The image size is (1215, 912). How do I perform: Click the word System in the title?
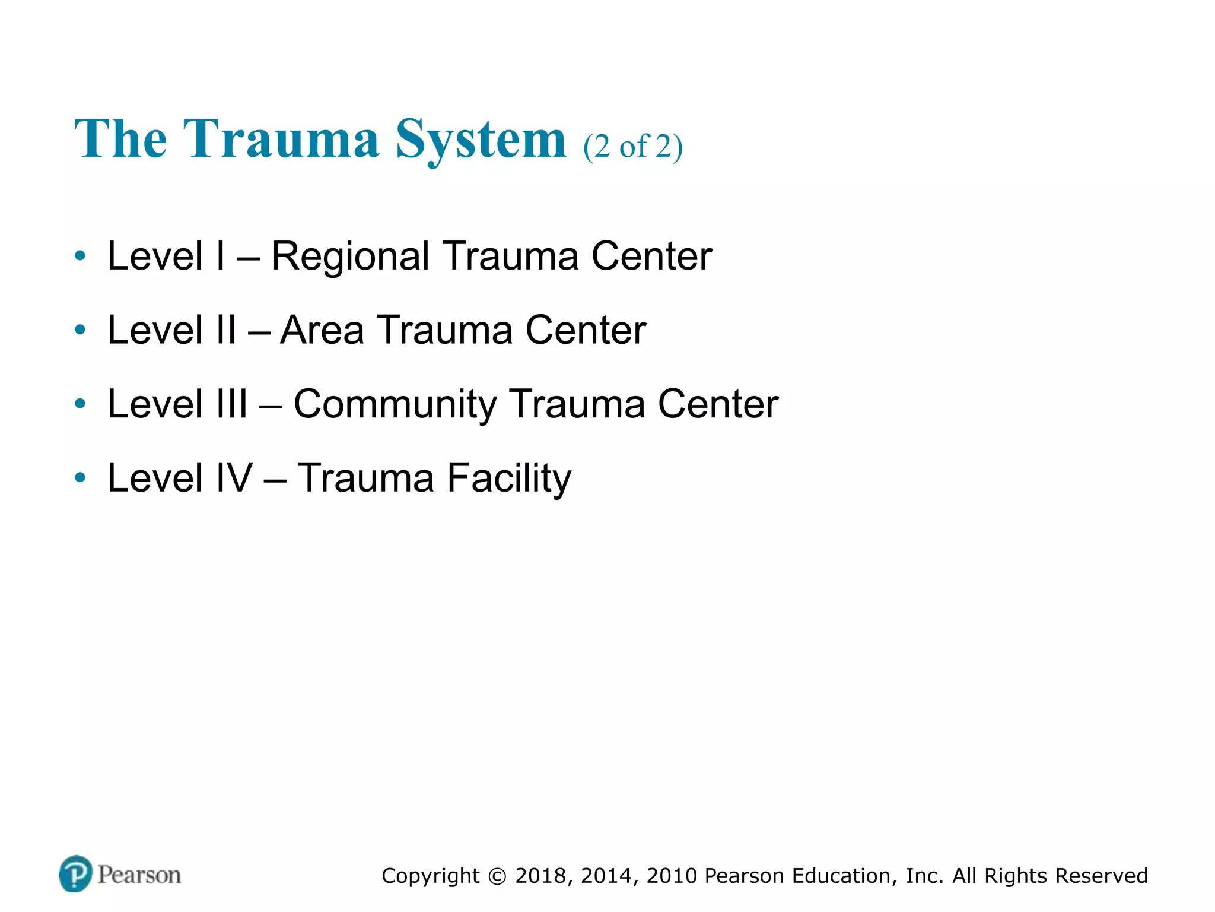pyautogui.click(x=481, y=140)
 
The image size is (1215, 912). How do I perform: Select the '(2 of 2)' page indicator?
pyautogui.click(x=633, y=146)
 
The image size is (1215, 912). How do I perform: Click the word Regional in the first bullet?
pyautogui.click(x=350, y=256)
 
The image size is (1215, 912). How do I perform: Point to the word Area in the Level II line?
pyautogui.click(x=322, y=330)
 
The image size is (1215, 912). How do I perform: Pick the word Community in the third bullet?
pyautogui.click(x=395, y=405)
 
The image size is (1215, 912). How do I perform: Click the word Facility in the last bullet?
pyautogui.click(x=509, y=479)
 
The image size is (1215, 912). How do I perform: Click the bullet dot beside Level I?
pyautogui.click(x=80, y=256)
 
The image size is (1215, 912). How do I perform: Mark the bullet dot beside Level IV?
pyautogui.click(x=80, y=478)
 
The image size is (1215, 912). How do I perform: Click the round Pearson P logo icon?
pyautogui.click(x=76, y=874)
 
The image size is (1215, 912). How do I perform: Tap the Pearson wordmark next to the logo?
pyautogui.click(x=139, y=875)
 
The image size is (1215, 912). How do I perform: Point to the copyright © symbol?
pyautogui.click(x=498, y=876)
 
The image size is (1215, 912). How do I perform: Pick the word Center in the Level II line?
pyautogui.click(x=586, y=330)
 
